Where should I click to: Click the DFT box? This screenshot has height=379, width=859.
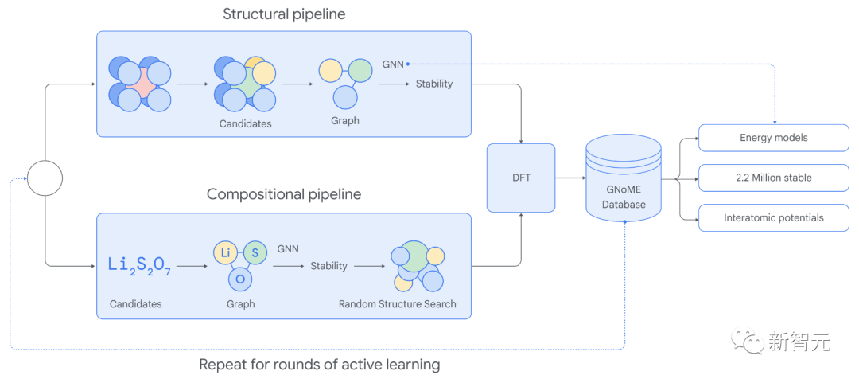click(521, 178)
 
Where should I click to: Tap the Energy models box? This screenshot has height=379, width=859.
click(774, 138)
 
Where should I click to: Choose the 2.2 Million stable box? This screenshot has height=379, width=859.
click(774, 178)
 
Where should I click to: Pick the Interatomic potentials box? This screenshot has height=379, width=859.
click(774, 217)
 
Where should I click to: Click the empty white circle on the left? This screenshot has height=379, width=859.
click(45, 178)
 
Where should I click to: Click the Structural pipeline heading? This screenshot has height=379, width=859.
click(284, 14)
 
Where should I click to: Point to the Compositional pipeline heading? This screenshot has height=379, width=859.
click(284, 194)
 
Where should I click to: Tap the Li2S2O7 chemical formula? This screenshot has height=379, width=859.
click(140, 265)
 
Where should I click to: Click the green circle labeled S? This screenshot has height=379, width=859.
click(255, 253)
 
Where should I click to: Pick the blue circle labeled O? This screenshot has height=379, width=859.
click(240, 279)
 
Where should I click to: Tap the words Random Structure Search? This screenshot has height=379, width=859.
click(397, 304)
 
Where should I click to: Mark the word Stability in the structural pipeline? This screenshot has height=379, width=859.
click(434, 84)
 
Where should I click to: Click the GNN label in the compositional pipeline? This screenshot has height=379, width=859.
click(288, 248)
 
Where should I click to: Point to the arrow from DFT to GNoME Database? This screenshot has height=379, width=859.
click(570, 178)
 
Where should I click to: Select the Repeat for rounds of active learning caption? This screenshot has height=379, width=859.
click(320, 364)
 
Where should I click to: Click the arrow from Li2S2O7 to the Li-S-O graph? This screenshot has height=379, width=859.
click(192, 266)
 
